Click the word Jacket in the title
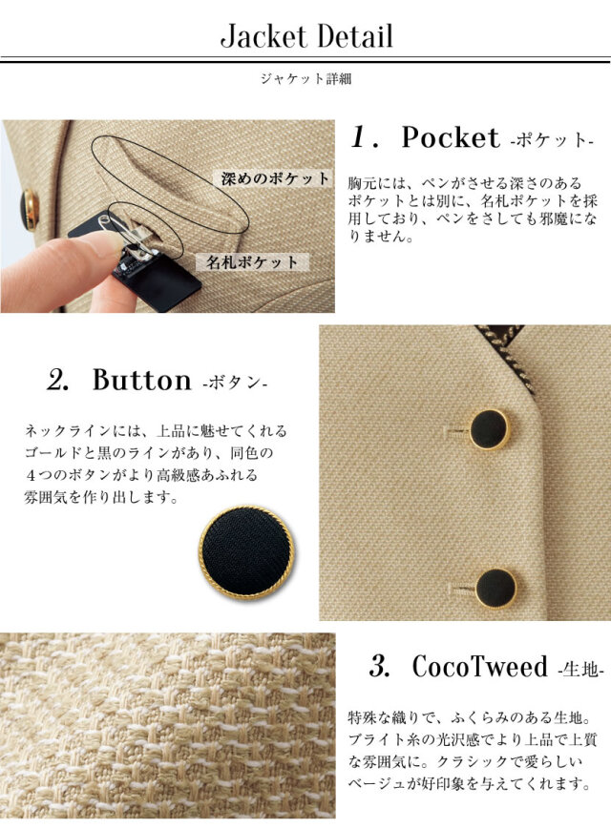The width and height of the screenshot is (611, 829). click(263, 36)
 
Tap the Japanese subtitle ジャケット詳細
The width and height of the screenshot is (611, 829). click(305, 79)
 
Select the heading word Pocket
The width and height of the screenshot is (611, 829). click(451, 138)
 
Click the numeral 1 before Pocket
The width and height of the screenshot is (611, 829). click(361, 138)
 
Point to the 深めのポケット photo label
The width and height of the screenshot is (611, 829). click(274, 178)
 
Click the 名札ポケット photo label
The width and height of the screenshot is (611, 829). click(252, 261)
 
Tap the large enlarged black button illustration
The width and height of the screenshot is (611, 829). click(246, 552)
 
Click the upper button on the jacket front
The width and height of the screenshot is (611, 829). click(490, 429)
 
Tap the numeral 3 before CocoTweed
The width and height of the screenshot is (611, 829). click(379, 666)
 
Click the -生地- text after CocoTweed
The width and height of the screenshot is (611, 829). click(580, 670)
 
